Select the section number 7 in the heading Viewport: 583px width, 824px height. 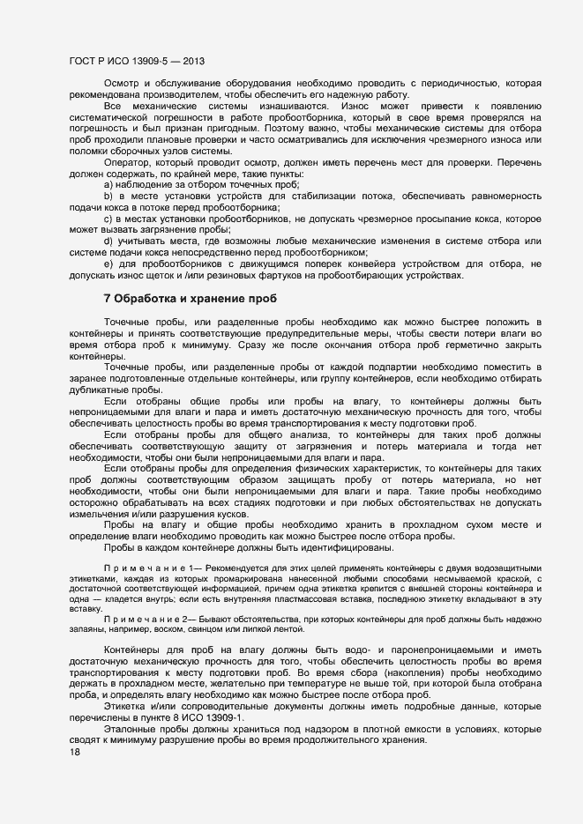point(108,299)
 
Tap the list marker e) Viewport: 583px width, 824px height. point(108,264)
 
